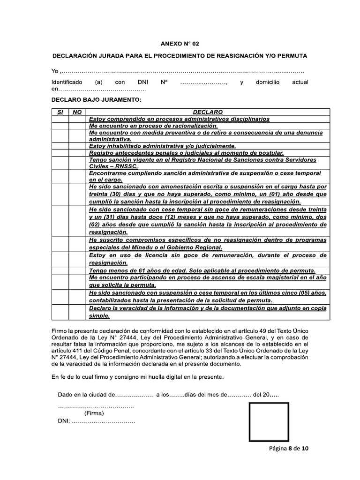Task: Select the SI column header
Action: coord(60,112)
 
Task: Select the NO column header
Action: coord(78,112)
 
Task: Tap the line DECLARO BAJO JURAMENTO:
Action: coord(96,100)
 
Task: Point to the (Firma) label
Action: coord(94,413)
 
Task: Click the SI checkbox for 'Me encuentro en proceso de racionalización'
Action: coord(60,126)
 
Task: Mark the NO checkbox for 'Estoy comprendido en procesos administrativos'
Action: coord(78,119)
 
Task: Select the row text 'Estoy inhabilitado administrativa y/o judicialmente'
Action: coord(162,146)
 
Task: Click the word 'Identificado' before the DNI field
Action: coord(67,82)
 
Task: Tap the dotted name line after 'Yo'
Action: coord(183,71)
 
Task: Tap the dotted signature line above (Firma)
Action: coord(96,406)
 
